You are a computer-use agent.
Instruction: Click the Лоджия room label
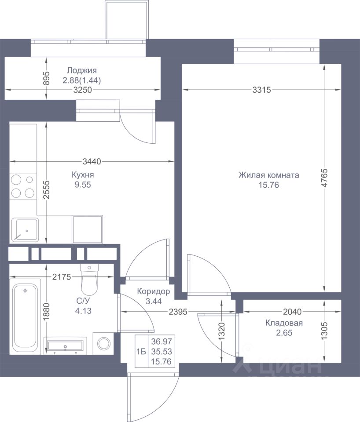click(x=82, y=70)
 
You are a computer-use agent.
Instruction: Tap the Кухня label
click(x=83, y=175)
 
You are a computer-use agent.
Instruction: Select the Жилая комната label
click(x=268, y=175)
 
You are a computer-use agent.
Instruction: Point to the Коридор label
click(x=153, y=291)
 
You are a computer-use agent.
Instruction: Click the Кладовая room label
click(x=284, y=323)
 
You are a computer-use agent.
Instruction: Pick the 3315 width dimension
click(x=261, y=90)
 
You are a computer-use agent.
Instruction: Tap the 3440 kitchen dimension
click(x=92, y=161)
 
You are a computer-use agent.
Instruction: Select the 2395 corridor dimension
click(x=178, y=312)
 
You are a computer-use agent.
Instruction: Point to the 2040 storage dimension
click(x=292, y=312)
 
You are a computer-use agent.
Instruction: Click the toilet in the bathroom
click(x=89, y=280)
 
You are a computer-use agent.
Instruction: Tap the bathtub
click(x=25, y=316)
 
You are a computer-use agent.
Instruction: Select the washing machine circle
click(x=104, y=343)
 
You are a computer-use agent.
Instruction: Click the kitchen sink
click(x=25, y=229)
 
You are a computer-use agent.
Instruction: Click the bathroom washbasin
click(x=65, y=346)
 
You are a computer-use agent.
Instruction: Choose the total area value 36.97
click(x=161, y=341)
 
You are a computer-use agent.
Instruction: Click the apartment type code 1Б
click(x=141, y=352)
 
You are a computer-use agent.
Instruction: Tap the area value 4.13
click(x=83, y=311)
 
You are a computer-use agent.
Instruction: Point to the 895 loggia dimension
click(x=46, y=78)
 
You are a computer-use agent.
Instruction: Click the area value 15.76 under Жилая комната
click(x=268, y=185)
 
